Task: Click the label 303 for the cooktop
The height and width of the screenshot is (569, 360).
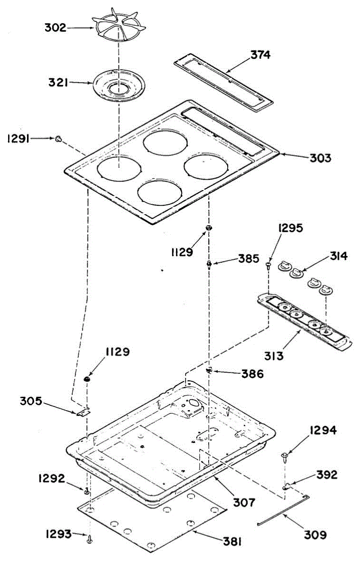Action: pos(321,158)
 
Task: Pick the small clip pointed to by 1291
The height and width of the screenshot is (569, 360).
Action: pos(58,138)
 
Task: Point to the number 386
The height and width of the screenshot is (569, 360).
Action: pos(253,374)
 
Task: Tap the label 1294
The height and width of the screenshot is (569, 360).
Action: pos(324,431)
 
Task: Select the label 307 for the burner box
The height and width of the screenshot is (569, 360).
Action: pos(244,502)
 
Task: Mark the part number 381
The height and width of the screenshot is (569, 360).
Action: pos(231,541)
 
